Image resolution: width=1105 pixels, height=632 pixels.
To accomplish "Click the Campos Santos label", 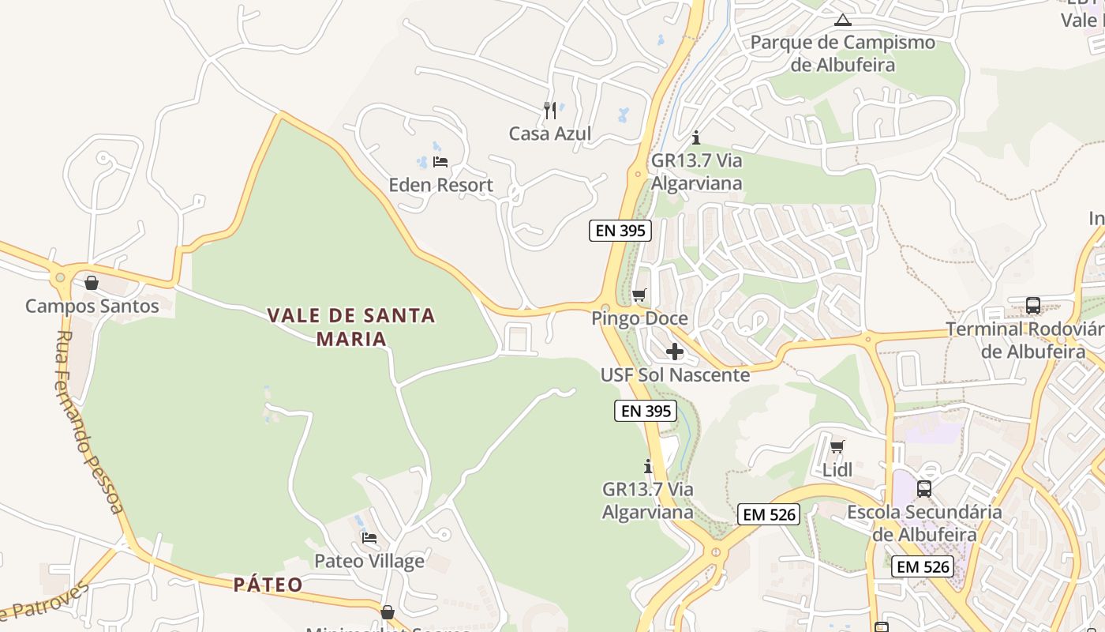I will tap(92, 306).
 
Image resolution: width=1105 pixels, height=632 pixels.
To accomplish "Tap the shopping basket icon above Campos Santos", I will tap(92, 283).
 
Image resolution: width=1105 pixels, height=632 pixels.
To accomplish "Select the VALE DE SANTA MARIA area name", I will tap(351, 327).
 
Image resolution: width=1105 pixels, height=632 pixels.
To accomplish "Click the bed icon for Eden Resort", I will tap(440, 162).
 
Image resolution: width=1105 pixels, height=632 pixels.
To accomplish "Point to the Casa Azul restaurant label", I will tap(550, 134).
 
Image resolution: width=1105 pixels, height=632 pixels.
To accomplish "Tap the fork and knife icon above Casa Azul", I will tap(550, 110).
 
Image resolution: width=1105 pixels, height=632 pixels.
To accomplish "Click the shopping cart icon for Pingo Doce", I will tap(639, 295).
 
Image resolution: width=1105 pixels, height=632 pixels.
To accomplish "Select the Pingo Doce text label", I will tap(640, 318).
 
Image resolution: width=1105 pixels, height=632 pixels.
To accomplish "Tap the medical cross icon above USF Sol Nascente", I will tap(675, 352).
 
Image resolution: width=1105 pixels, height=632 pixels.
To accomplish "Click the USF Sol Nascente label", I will tap(675, 374).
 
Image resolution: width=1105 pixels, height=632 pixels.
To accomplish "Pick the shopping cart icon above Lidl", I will tap(837, 446).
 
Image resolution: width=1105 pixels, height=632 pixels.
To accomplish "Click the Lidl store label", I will tap(837, 470).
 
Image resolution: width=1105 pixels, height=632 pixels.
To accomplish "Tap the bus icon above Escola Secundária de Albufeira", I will tap(924, 489).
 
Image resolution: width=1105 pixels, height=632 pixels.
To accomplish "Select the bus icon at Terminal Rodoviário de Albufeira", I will tap(1032, 306).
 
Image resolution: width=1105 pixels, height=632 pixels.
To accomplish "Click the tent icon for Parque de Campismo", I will tap(843, 20).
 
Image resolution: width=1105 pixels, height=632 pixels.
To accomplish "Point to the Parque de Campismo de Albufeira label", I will tap(843, 53).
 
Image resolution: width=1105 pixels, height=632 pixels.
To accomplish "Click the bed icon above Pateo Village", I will tap(369, 538).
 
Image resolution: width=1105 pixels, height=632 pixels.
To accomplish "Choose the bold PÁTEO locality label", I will tap(268, 585).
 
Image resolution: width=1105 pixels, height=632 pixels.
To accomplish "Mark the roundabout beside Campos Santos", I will tap(60, 277).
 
